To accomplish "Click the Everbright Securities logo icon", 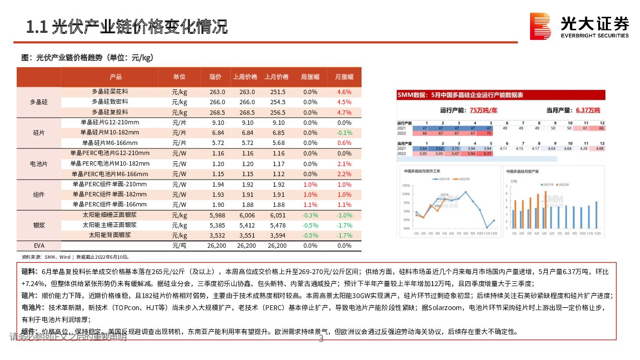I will (540, 26).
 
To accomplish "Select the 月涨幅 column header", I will (344, 77).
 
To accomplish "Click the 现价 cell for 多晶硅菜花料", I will (217, 92).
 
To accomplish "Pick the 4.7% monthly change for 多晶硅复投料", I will (344, 112).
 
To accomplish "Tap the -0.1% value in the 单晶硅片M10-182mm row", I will (344, 132).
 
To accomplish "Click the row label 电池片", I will (38, 164).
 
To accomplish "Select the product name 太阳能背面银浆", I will (109, 235).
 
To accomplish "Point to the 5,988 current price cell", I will (217, 215).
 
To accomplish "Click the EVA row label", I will (38, 245).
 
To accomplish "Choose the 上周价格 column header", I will (245, 77).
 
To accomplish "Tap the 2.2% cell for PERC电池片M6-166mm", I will (344, 174).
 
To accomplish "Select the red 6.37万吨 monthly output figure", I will (588, 110).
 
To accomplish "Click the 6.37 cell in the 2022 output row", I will (487, 154).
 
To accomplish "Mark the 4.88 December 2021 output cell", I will (600, 149).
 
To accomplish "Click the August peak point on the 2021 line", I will (465, 192).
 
